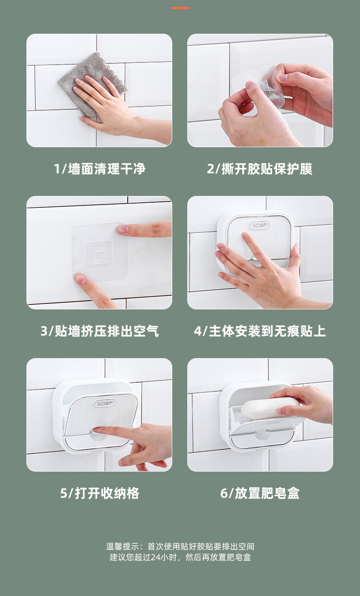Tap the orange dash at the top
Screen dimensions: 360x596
(x=180, y=8)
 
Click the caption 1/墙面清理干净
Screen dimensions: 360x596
(x=99, y=169)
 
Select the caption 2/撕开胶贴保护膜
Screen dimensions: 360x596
(x=260, y=169)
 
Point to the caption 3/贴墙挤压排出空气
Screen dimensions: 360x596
(x=99, y=331)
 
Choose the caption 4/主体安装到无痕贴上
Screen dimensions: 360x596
(x=260, y=331)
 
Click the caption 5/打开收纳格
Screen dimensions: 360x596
(x=99, y=493)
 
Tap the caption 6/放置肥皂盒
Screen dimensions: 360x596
(x=260, y=493)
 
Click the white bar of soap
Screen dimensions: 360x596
(x=269, y=407)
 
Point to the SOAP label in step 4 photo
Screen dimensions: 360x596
(x=260, y=226)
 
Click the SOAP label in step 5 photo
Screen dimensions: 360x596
(x=105, y=403)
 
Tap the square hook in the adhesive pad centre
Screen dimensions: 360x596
(x=100, y=253)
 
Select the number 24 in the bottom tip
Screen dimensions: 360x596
(x=155, y=557)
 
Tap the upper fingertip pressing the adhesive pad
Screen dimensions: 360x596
(x=123, y=229)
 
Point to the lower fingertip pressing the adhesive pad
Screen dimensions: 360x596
(x=80, y=279)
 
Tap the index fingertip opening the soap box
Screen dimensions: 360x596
(x=98, y=429)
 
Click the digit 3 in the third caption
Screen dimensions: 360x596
(x=44, y=331)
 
